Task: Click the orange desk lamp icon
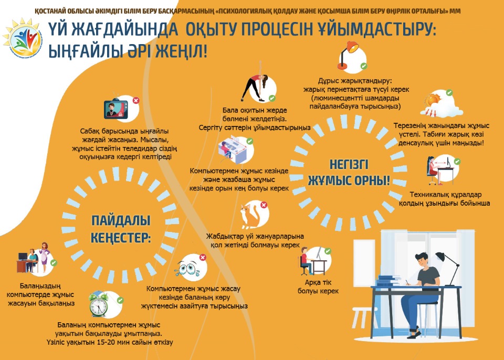(x=348, y=55)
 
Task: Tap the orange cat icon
(x=250, y=215)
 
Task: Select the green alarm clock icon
(x=99, y=304)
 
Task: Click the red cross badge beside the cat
(x=264, y=205)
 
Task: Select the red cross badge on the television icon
(x=136, y=100)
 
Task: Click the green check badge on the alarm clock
(x=120, y=300)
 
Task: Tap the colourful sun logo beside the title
(x=23, y=38)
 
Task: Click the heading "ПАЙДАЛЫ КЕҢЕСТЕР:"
(x=121, y=229)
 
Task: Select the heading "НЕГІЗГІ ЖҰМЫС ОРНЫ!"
(x=349, y=172)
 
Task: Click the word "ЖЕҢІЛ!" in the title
(x=181, y=51)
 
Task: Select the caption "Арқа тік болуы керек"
(x=318, y=287)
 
